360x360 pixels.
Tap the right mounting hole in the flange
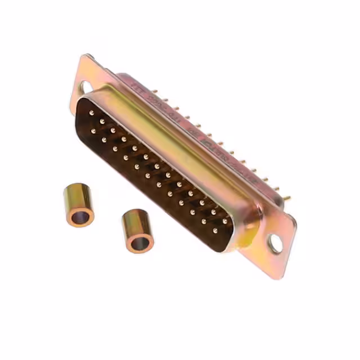(x=275, y=244)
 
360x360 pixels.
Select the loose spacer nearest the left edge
(x=78, y=206)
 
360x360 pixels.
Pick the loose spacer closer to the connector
(x=137, y=231)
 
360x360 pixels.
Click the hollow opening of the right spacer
(x=139, y=243)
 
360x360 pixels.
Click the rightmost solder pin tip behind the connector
(x=288, y=198)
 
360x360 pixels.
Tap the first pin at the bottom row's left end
(x=92, y=131)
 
